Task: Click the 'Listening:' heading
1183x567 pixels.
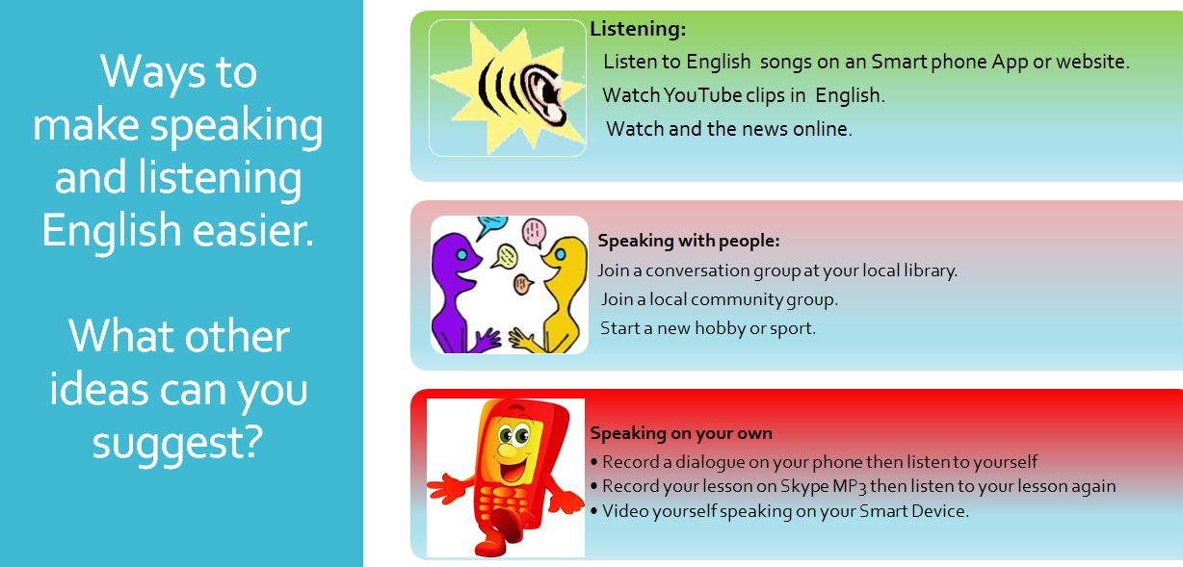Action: pyautogui.click(x=638, y=30)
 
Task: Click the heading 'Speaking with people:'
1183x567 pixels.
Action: pyautogui.click(x=689, y=241)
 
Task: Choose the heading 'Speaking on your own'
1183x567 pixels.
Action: pyautogui.click(x=681, y=433)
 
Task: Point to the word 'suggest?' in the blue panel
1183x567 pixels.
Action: pyautogui.click(x=177, y=442)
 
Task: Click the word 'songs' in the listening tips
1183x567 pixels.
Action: pyautogui.click(x=786, y=62)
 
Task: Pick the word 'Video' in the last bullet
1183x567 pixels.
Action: pyautogui.click(x=625, y=511)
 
